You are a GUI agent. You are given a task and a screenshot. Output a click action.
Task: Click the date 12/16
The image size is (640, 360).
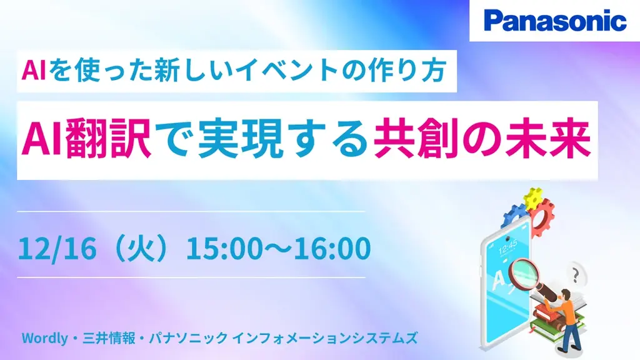[x=57, y=248]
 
